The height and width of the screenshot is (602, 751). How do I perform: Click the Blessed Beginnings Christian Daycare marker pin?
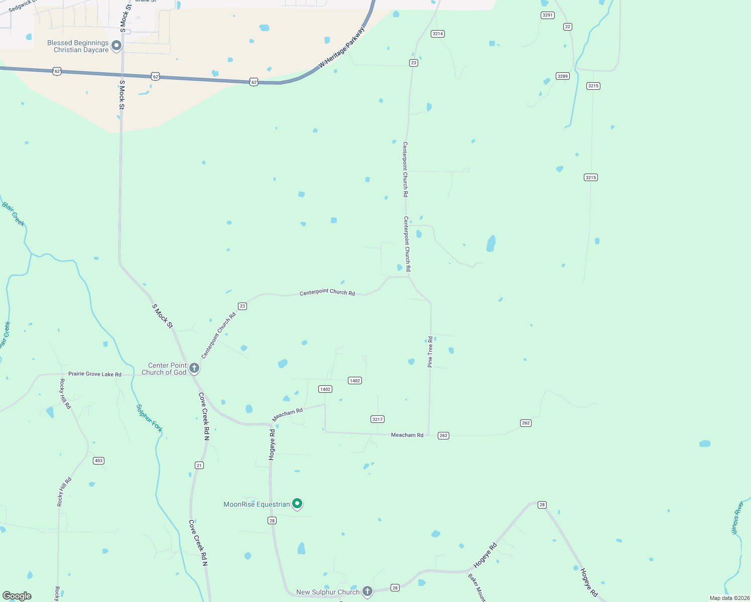click(x=116, y=46)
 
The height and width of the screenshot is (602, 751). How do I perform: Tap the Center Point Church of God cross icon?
click(x=194, y=368)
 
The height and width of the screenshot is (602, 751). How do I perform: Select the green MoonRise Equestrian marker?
click(x=297, y=503)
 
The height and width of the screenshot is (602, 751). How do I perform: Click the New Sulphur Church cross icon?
click(x=367, y=591)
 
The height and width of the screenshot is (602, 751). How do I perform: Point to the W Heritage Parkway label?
click(x=342, y=48)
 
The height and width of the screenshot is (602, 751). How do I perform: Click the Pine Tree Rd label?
click(x=430, y=352)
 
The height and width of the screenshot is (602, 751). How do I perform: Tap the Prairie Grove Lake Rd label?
click(x=95, y=374)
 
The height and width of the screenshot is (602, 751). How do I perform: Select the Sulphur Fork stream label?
click(x=150, y=418)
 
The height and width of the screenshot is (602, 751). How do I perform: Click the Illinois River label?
click(x=737, y=518)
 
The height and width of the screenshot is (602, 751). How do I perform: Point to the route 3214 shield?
click(x=438, y=34)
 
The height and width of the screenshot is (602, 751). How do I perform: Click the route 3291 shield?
click(x=548, y=15)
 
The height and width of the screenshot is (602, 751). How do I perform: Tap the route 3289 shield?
click(x=563, y=76)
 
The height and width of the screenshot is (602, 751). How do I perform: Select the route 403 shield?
click(x=98, y=461)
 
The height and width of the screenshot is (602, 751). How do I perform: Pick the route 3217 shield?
click(x=378, y=419)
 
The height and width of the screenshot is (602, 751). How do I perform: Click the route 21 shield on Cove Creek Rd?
click(x=199, y=466)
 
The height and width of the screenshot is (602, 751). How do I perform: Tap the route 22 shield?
click(x=568, y=27)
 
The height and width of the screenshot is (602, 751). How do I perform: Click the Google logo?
click(x=17, y=596)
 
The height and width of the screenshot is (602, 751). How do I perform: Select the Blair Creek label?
click(x=13, y=214)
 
